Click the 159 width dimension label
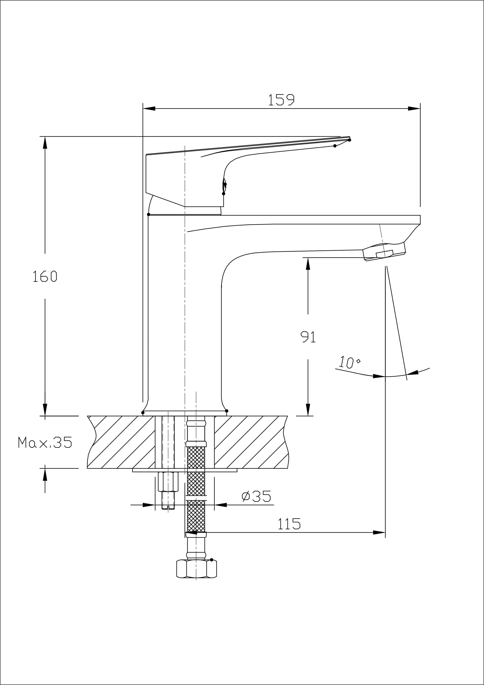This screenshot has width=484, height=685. click(281, 100)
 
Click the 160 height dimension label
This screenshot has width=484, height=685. click(45, 277)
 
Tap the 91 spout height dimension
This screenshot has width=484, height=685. click(308, 337)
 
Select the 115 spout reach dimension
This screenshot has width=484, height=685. click(289, 524)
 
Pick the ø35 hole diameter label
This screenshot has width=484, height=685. click(256, 496)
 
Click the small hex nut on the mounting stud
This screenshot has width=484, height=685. click(168, 481)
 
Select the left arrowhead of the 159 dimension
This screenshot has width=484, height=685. click(149, 108)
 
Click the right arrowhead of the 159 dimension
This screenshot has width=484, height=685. click(414, 108)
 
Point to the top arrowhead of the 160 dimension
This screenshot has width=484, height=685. click(45, 143)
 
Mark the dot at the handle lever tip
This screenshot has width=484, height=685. click(349, 140)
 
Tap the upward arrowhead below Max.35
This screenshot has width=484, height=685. click(45, 474)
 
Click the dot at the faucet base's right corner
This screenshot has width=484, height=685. click(226, 411)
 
